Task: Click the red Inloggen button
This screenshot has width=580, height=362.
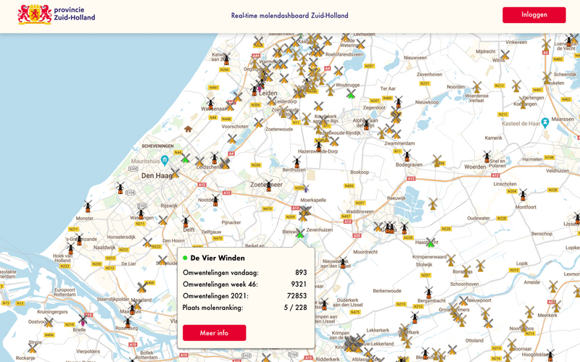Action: point(534,15)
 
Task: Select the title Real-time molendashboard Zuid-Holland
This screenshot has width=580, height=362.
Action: point(289,15)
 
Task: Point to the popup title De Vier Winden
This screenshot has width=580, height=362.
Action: point(217,258)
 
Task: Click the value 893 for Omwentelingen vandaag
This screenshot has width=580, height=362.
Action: point(301,272)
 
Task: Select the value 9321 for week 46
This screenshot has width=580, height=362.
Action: point(299,284)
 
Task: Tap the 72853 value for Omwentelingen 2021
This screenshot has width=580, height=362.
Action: point(297,296)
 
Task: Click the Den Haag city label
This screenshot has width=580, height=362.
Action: point(155,176)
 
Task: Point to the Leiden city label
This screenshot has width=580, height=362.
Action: point(268,93)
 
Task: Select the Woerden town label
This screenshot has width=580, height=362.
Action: point(476,167)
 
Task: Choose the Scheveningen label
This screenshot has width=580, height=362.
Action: point(160,146)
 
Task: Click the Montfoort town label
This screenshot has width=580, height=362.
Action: point(525,206)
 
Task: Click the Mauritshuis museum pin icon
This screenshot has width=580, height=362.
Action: point(165,160)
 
